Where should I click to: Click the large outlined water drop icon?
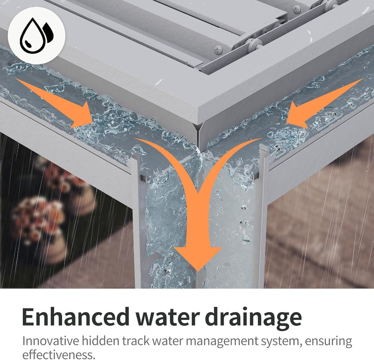tap(32, 36)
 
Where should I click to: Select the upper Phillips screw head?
tap(297, 10)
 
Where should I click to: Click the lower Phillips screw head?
tap(218, 50)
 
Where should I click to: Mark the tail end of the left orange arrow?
tap(16, 78)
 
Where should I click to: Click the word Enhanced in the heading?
tap(76, 317)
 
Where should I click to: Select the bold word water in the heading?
tap(168, 318)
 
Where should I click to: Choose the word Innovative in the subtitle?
tap(50, 341)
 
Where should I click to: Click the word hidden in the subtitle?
tap(100, 341)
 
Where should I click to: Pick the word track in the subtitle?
tap(136, 341)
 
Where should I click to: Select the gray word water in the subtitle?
tap(167, 341)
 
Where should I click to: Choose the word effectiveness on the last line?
tap(59, 355)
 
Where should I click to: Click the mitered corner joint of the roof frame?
tap(198, 134)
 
